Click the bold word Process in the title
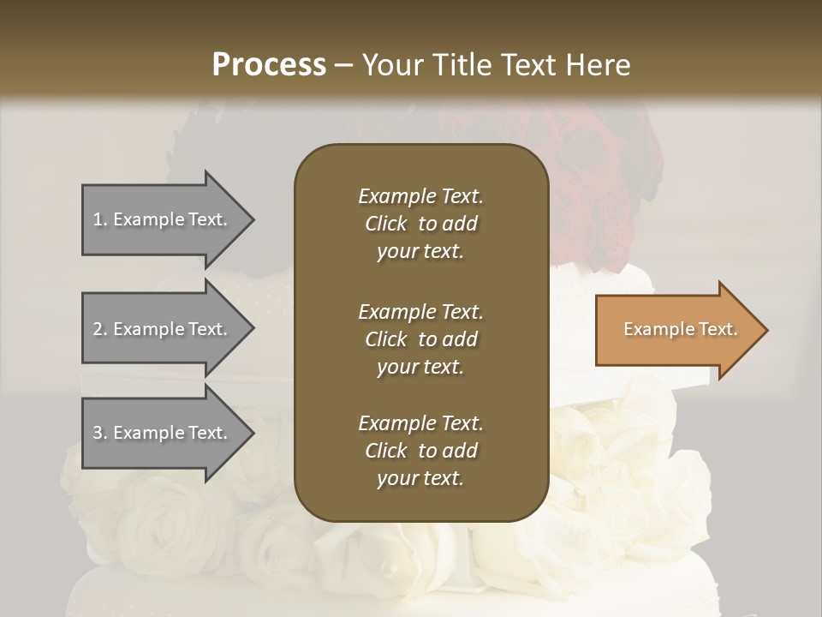click(269, 65)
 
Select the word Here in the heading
click(599, 65)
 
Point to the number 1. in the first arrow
click(100, 219)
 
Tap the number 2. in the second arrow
click(100, 329)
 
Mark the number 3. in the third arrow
click(100, 433)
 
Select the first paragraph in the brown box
click(420, 224)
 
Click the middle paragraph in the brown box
click(420, 339)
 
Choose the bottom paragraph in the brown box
click(420, 451)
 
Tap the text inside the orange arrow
click(681, 329)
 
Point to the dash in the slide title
click(344, 65)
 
